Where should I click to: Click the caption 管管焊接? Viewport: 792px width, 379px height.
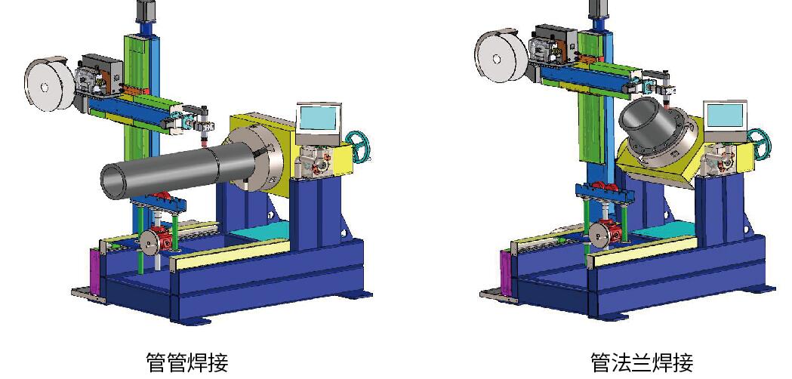click(x=187, y=363)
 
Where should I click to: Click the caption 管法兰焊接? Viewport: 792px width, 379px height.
click(x=642, y=363)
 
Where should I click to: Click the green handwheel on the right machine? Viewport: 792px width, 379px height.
click(x=759, y=142)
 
